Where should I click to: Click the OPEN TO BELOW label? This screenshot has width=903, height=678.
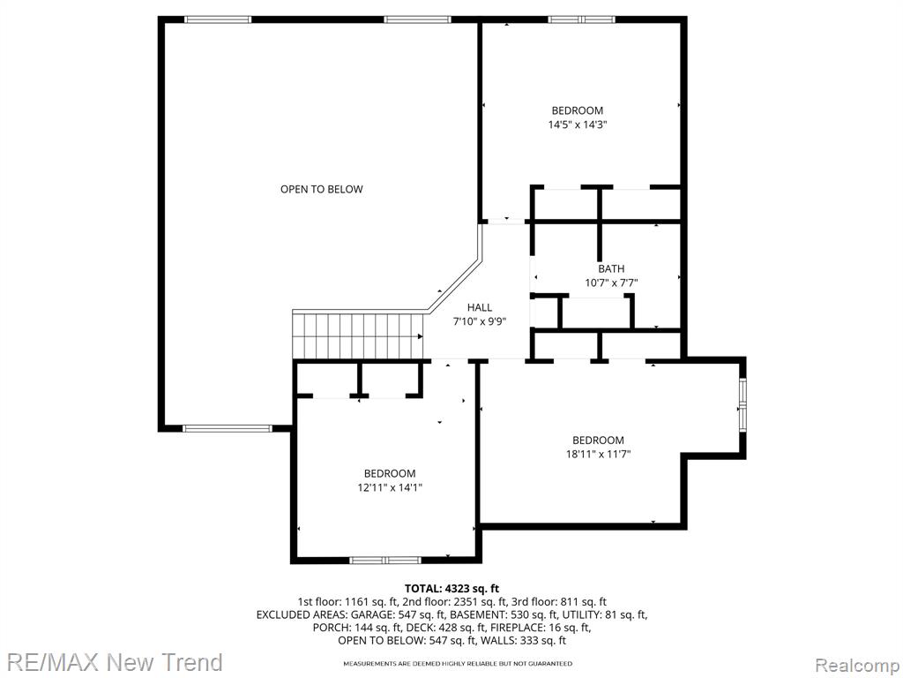point(321,189)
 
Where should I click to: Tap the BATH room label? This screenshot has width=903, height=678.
point(611,268)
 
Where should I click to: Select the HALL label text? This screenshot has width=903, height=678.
point(479,308)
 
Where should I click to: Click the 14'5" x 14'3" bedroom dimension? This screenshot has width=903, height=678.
point(578,124)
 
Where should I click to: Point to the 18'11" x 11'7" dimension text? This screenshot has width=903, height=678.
point(599,455)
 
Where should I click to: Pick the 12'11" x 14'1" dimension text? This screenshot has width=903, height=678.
point(390,487)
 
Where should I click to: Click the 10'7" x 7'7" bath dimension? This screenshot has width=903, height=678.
point(611,283)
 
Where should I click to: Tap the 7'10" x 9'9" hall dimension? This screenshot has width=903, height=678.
point(479,322)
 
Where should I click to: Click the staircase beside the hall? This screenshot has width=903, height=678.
point(358,335)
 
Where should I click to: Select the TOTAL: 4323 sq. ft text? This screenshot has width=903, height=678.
point(452,589)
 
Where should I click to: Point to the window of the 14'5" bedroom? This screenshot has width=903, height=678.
point(582,19)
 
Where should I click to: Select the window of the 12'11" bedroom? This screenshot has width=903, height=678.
point(386,560)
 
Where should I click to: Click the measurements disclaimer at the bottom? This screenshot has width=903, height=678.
point(458,664)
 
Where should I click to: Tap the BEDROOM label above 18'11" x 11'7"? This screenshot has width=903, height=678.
point(599,441)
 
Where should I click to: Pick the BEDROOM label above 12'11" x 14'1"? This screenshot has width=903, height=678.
point(390,474)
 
